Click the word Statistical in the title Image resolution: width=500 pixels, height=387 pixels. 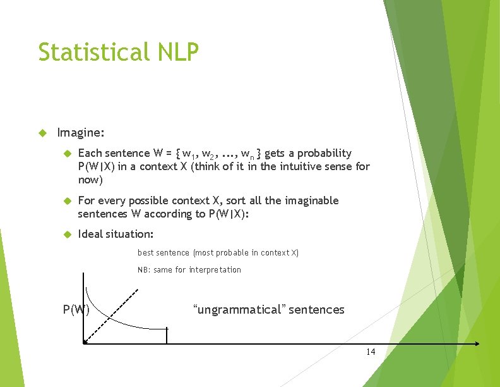click(x=91, y=52)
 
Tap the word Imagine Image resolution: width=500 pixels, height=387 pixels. click(x=80, y=133)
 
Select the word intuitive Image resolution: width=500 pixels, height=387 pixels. click(x=302, y=167)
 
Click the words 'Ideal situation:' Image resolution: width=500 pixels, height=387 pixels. click(x=116, y=234)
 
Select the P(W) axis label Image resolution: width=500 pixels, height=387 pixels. click(x=76, y=310)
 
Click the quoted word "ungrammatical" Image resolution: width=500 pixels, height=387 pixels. click(x=239, y=310)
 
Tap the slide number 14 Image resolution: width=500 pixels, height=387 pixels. click(x=371, y=352)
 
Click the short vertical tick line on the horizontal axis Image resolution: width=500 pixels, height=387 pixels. click(x=167, y=336)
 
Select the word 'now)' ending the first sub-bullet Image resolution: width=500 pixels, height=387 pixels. click(x=90, y=180)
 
